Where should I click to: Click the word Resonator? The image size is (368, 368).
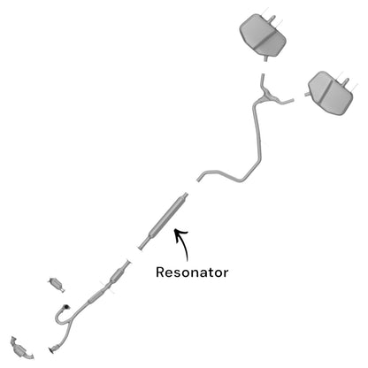point(192,272)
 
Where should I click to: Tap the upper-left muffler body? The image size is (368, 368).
point(263,34)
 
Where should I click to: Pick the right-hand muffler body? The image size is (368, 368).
point(330,93)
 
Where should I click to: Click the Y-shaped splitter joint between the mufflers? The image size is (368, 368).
point(268,96)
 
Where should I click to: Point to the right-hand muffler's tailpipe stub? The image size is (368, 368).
point(346,81)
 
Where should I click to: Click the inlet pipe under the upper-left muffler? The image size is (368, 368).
point(265,58)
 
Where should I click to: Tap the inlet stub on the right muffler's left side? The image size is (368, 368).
point(307,95)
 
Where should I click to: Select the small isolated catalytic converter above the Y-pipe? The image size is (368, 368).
point(56,284)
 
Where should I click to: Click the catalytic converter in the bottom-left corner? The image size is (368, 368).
point(21,349)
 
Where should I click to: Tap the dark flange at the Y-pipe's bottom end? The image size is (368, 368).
point(53,349)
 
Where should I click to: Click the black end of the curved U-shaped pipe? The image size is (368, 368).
point(67,307)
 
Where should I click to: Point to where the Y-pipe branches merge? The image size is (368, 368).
point(71,321)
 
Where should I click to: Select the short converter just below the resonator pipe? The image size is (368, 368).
point(118,275)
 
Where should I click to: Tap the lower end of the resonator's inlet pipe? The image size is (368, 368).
point(141,249)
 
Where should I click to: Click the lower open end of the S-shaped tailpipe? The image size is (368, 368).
point(198,180)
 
